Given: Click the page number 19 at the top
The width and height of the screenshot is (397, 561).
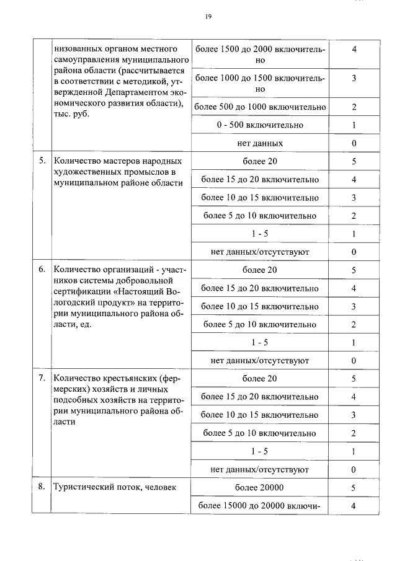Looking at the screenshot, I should [x=208, y=17].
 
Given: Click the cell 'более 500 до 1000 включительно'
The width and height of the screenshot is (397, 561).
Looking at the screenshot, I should [x=261, y=107].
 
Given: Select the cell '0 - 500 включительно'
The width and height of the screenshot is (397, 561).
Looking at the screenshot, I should [x=261, y=125].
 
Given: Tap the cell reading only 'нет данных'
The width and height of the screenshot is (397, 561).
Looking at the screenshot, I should [x=261, y=143].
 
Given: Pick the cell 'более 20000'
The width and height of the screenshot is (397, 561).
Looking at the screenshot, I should [x=261, y=487].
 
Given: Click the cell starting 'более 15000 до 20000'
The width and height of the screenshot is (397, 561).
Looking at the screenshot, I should [x=261, y=506].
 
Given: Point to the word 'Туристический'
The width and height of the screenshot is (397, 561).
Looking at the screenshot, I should [x=83, y=487].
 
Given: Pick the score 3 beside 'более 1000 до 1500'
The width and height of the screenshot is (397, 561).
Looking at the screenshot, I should [x=354, y=78].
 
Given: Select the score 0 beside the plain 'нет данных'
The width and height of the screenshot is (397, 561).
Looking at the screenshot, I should [x=354, y=143].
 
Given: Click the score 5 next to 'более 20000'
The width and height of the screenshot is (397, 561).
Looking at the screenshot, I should [x=354, y=487].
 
